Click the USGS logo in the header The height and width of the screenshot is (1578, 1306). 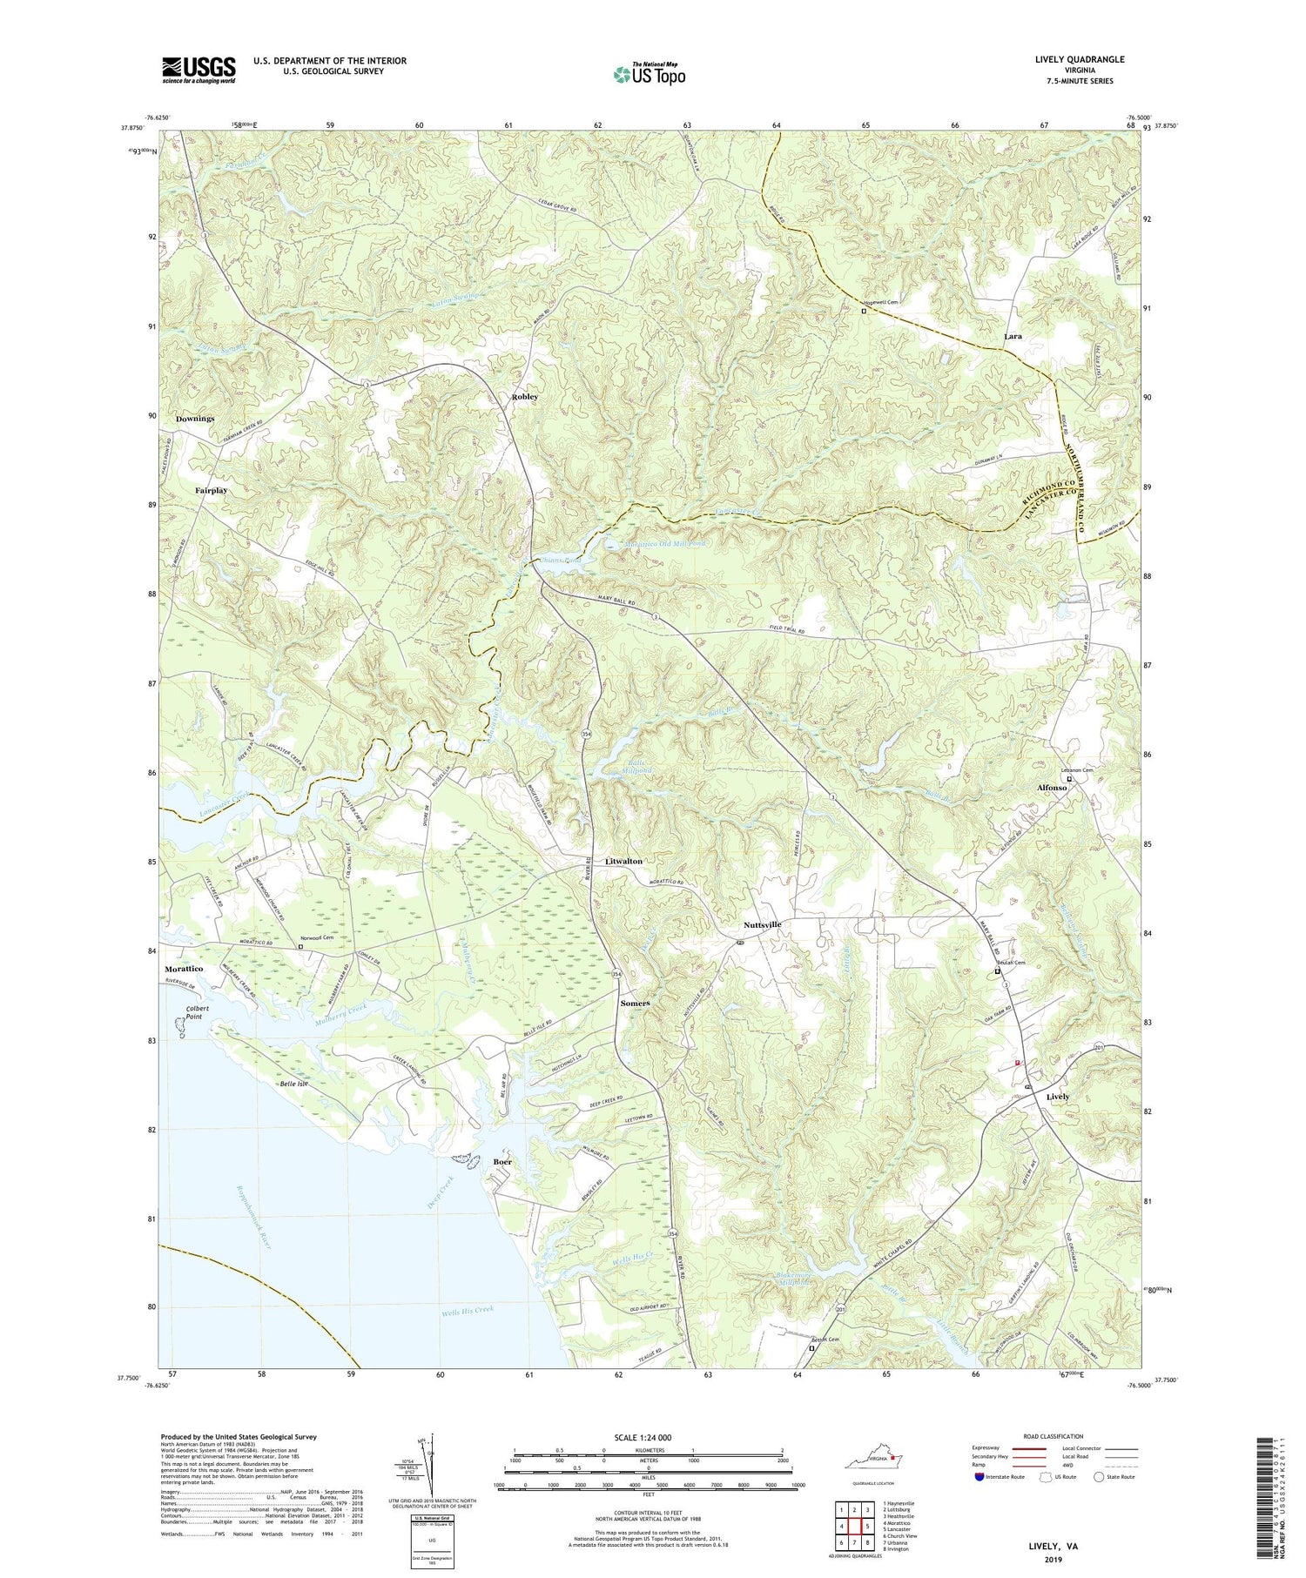tap(199, 70)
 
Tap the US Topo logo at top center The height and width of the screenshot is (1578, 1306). tap(649, 75)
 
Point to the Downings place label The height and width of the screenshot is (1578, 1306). tap(195, 419)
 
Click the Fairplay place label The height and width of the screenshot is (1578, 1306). tap(211, 491)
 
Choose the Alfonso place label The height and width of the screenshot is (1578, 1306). tap(1052, 788)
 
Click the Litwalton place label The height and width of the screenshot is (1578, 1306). tap(623, 861)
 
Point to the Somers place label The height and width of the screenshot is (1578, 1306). tap(635, 1004)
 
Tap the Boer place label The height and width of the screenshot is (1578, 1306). tap(502, 1162)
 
